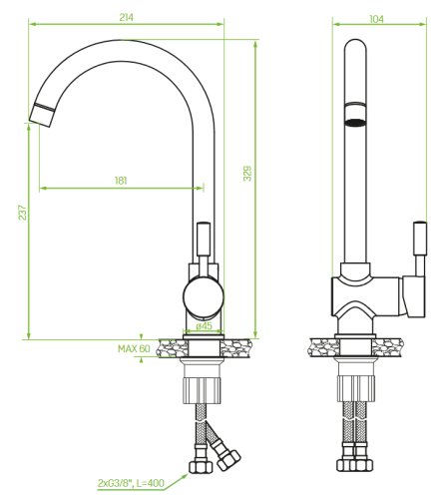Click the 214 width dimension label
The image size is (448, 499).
point(127,17)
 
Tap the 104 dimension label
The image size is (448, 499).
point(376,19)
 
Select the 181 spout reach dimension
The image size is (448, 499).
point(121,181)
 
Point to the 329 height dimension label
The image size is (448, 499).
point(247,174)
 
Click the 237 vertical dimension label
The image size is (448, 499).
point(22,213)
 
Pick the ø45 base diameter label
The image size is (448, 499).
point(204,325)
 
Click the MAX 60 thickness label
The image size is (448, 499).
point(134,348)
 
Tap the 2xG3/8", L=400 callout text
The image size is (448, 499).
point(131,483)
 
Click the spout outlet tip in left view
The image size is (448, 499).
point(41,116)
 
